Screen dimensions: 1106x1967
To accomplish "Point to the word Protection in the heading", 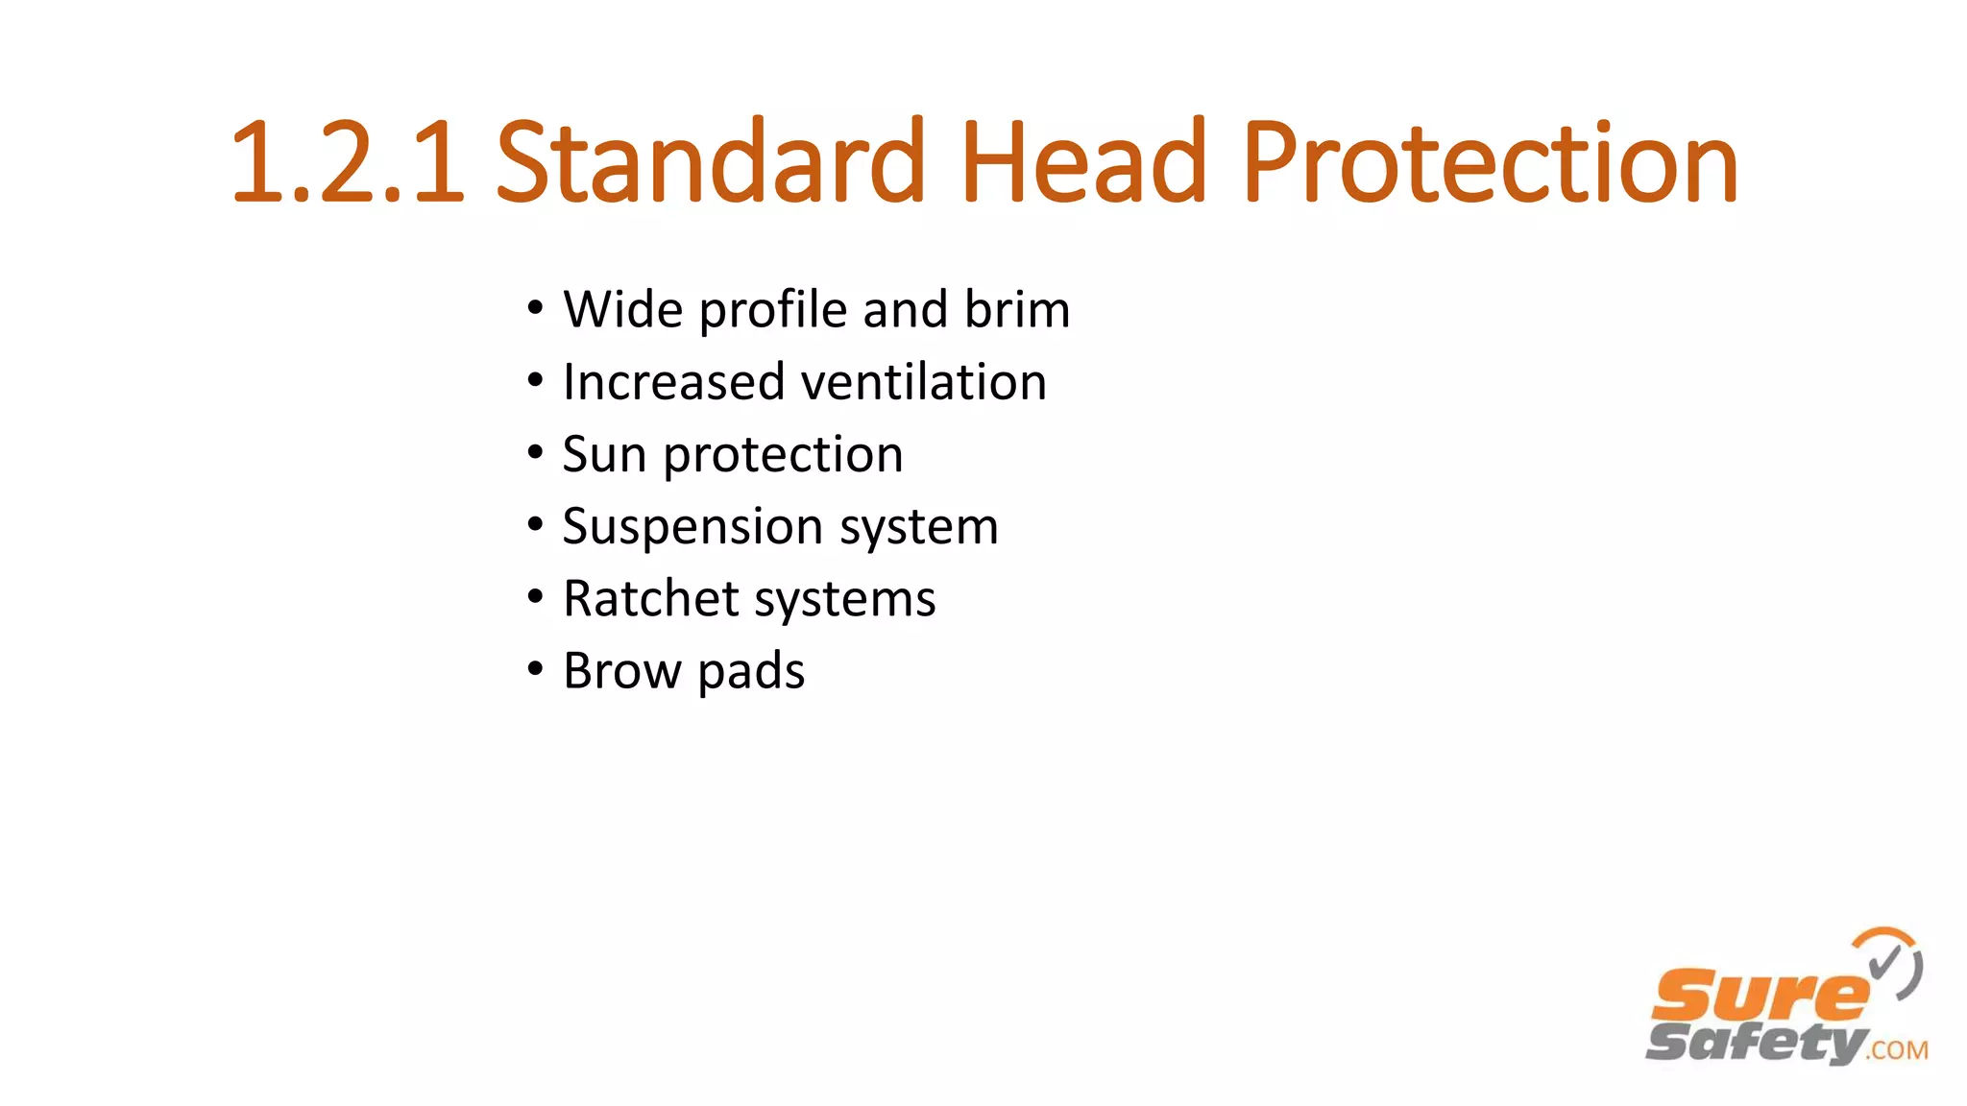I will (x=1490, y=163).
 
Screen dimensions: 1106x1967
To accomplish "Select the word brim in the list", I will (x=1017, y=309).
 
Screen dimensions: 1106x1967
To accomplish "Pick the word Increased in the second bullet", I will (x=674, y=382).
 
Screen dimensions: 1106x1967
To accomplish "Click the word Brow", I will (x=621, y=670).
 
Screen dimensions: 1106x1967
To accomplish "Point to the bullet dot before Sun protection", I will (x=535, y=453).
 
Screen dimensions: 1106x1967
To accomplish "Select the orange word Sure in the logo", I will (x=1758, y=997).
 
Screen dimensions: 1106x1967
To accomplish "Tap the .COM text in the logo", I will (x=1898, y=1049).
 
